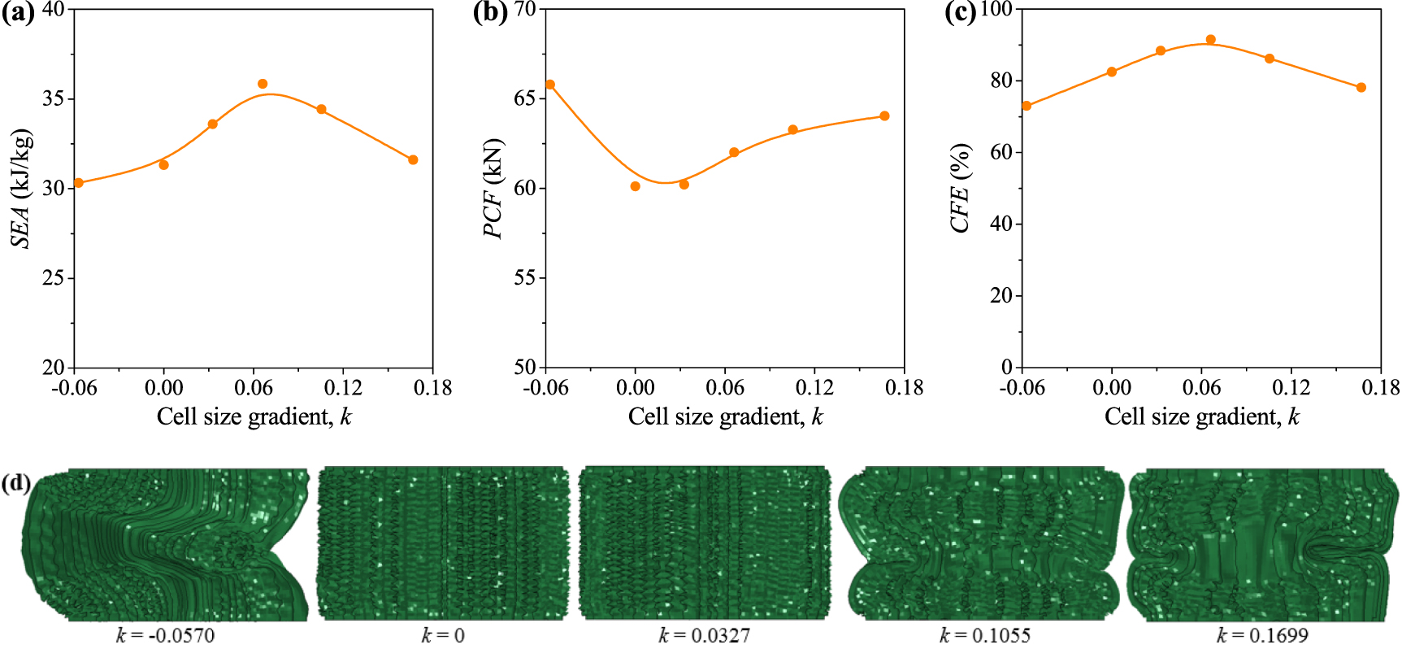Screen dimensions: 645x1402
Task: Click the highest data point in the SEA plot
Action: tap(263, 84)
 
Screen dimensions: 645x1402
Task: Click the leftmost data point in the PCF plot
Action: tap(550, 85)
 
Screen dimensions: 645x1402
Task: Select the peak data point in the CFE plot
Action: tap(1210, 40)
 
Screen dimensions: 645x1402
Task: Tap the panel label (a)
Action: tap(18, 14)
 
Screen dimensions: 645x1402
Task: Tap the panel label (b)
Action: tap(490, 14)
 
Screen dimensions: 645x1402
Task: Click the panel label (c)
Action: tap(961, 14)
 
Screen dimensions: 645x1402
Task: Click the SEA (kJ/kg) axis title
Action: tap(22, 188)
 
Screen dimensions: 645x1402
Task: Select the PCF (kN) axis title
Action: tap(493, 188)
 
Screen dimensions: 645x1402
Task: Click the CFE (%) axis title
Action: tap(961, 188)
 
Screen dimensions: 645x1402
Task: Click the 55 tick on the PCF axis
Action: tap(525, 278)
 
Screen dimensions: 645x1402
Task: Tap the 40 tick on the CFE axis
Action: tap(1001, 224)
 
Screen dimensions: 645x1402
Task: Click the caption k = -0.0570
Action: tap(165, 634)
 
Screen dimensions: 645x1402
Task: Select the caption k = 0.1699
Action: tap(1262, 634)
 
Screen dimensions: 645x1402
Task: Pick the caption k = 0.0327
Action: tap(704, 634)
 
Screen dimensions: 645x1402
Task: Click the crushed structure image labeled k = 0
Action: tap(442, 543)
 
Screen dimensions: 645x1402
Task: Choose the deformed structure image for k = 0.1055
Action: tap(982, 543)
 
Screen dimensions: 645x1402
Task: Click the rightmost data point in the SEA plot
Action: tap(413, 160)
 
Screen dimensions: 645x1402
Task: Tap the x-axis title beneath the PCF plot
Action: tap(725, 417)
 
